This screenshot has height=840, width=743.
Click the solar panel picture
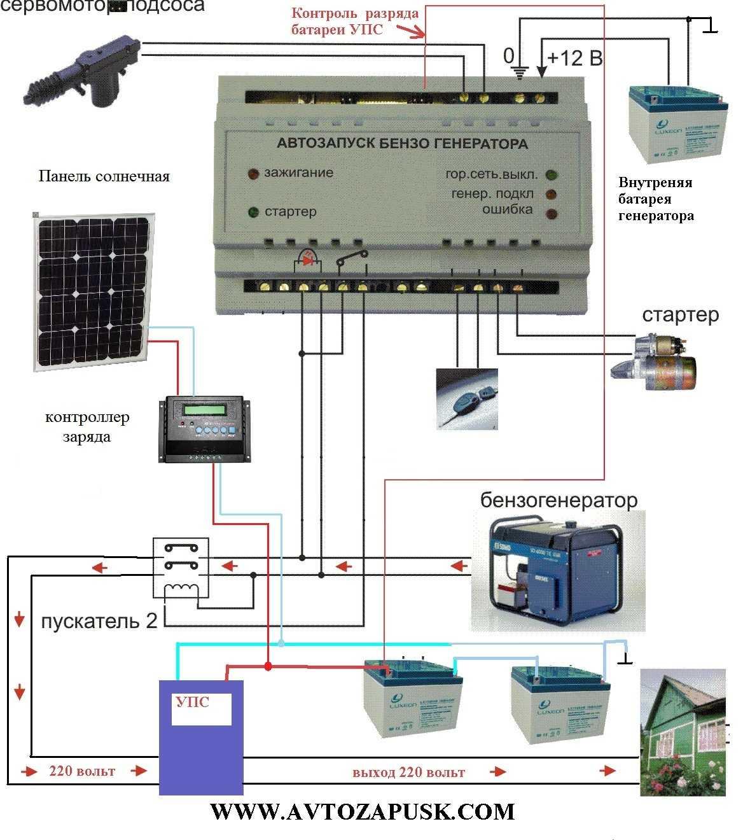click(93, 290)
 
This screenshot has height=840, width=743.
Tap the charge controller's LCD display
click(205, 409)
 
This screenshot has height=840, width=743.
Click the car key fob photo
click(467, 398)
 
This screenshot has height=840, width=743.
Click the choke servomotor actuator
click(86, 68)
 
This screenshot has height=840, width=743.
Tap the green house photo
click(683, 732)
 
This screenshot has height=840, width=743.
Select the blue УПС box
click(201, 737)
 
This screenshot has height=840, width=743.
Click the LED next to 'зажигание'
click(253, 173)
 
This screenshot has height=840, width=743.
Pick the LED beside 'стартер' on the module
click(253, 212)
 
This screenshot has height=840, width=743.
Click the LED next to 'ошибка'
click(551, 213)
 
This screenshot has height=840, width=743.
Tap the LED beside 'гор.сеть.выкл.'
click(551, 175)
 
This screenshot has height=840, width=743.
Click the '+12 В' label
click(574, 59)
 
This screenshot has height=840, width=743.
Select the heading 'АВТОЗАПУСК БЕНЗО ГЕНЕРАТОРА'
click(402, 144)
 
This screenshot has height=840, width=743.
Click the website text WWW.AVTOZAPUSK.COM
click(362, 812)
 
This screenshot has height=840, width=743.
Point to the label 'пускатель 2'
click(99, 621)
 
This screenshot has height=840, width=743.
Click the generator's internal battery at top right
click(677, 121)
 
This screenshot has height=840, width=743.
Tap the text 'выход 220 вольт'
click(408, 773)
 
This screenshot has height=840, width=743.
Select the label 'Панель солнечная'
click(104, 176)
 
